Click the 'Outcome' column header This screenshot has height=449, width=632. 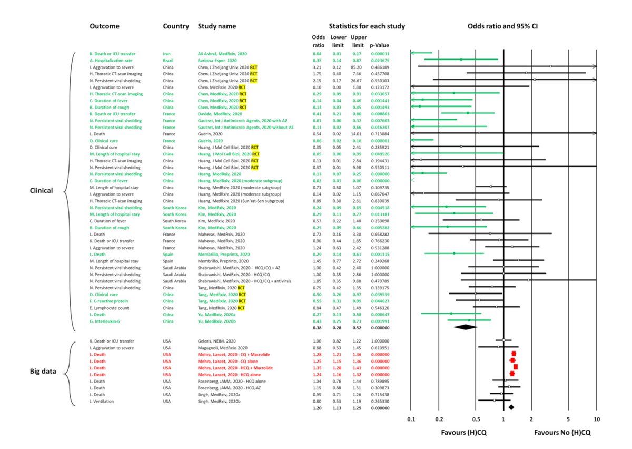(104, 26)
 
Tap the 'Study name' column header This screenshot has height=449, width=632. (217, 26)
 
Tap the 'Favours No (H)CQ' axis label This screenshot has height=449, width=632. (562, 432)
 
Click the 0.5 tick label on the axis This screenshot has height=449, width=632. (476, 419)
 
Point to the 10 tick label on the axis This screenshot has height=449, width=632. (596, 419)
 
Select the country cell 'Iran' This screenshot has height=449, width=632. (167, 54)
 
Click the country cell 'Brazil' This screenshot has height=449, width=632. (169, 61)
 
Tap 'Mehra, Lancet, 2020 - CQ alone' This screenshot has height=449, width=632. (229, 361)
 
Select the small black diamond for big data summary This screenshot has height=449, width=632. (510, 407)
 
